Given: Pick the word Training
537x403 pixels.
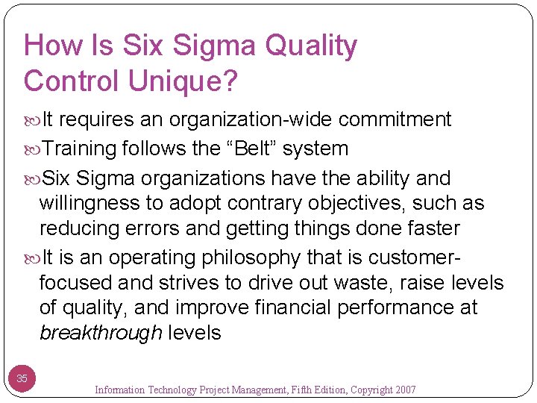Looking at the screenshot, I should pos(79,149).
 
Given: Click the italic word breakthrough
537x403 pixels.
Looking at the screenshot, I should pos(101,332).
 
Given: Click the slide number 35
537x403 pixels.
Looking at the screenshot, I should pos(22,379).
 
